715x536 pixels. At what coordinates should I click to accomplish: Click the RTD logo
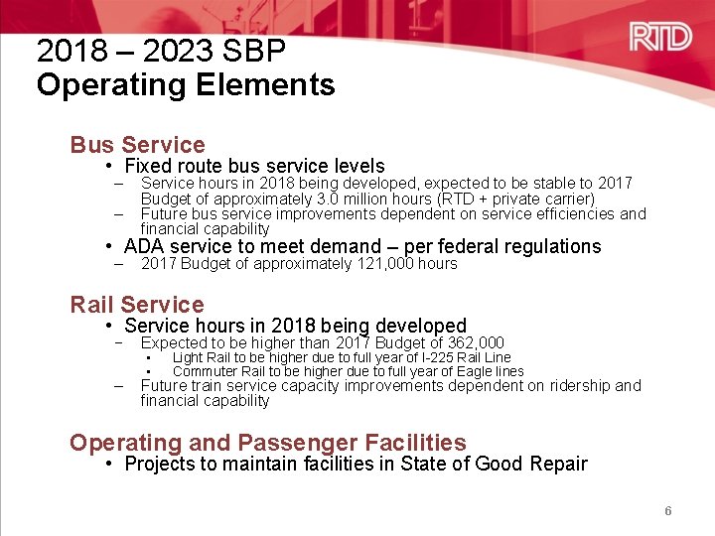[x=660, y=38]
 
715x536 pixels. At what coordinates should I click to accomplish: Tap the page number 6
[x=668, y=511]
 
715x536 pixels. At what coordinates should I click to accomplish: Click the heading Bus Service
[x=137, y=145]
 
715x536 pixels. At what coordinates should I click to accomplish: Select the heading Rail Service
[x=137, y=305]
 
